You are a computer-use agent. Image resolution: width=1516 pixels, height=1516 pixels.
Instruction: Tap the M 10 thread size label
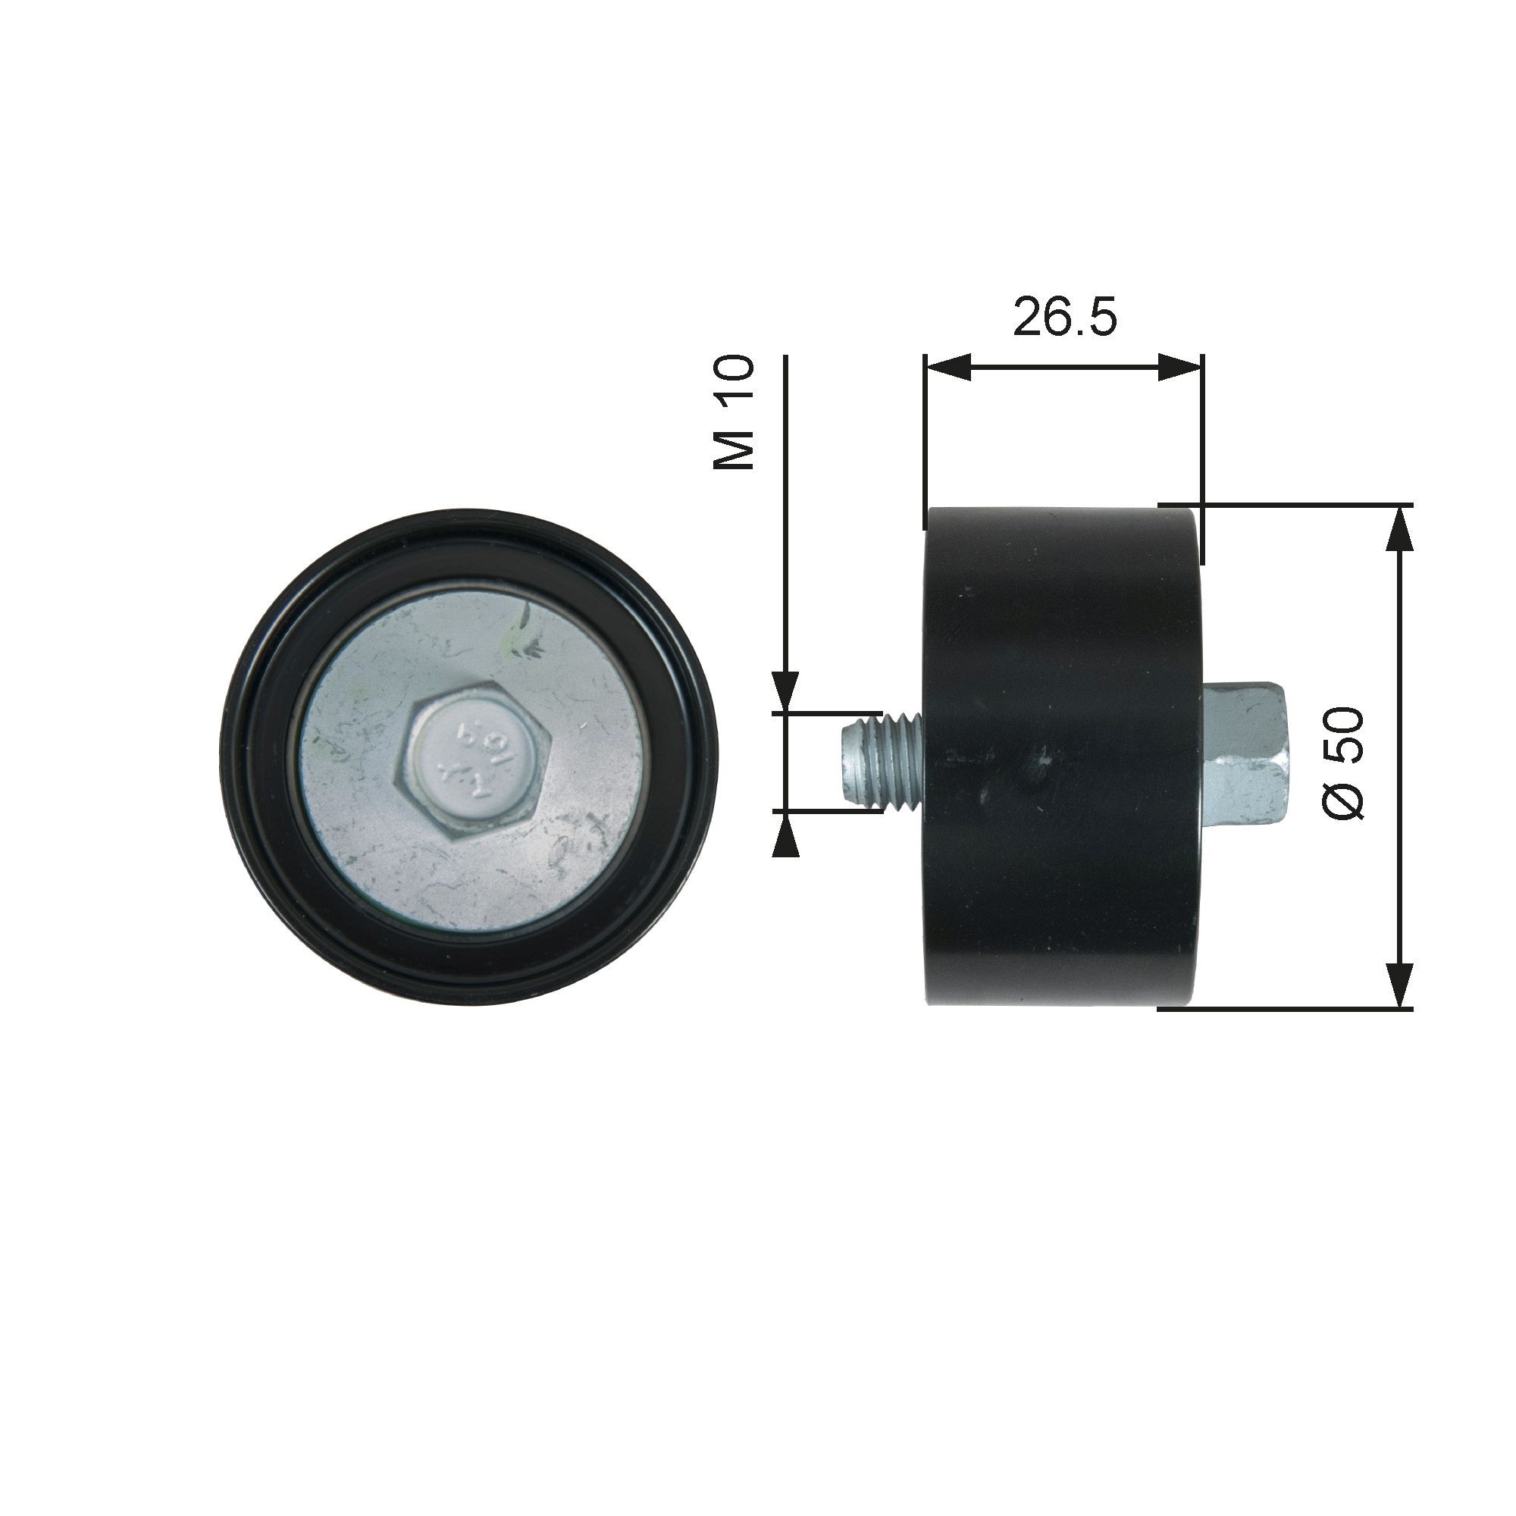point(734,412)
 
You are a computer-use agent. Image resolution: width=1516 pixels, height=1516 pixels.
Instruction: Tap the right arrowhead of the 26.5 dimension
point(1179,366)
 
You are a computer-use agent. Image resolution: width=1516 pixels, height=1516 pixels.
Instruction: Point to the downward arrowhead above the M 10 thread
point(785,691)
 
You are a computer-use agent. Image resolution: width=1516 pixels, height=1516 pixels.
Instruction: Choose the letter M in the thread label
point(734,451)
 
